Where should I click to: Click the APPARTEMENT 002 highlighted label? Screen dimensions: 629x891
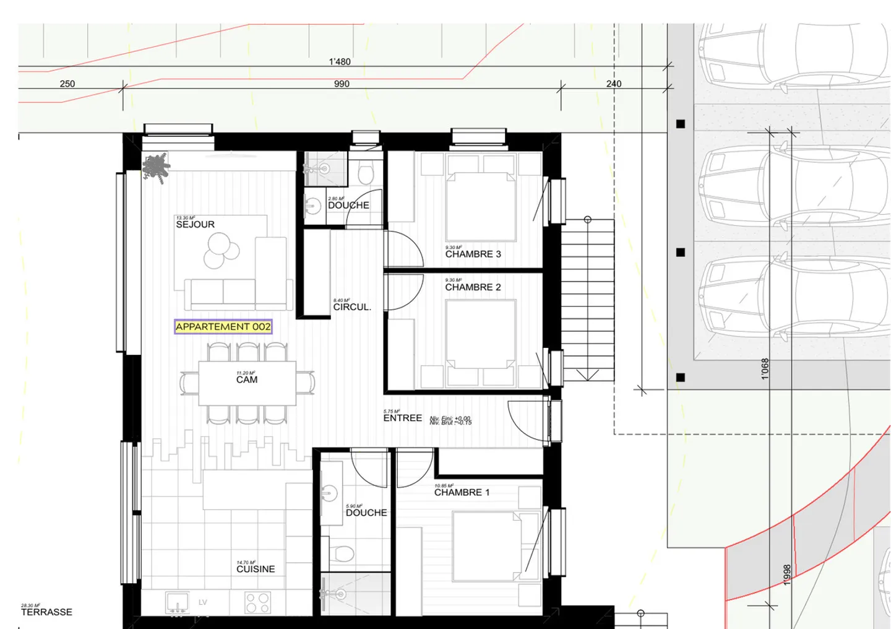point(223,327)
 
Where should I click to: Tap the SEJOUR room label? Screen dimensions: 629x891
point(195,224)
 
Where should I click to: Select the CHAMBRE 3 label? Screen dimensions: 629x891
point(473,254)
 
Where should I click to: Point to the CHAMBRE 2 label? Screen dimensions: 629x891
point(473,287)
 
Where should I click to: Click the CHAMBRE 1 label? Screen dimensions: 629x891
point(462,492)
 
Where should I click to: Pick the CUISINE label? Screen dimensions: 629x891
point(256,569)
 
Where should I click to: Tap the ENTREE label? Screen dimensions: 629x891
point(402,418)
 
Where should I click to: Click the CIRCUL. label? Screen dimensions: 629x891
point(352,307)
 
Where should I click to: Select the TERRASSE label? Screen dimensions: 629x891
point(46,612)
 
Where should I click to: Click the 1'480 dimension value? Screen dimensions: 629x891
point(340,61)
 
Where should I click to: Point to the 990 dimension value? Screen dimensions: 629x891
point(342,84)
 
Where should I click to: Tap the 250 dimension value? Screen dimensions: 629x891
point(67,84)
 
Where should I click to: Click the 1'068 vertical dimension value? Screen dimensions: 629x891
point(765,368)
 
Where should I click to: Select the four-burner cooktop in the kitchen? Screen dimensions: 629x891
point(257,602)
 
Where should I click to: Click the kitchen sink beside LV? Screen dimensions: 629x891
point(177,602)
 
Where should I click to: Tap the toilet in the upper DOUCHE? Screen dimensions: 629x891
point(366,173)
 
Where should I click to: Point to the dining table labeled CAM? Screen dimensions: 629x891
point(247,383)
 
